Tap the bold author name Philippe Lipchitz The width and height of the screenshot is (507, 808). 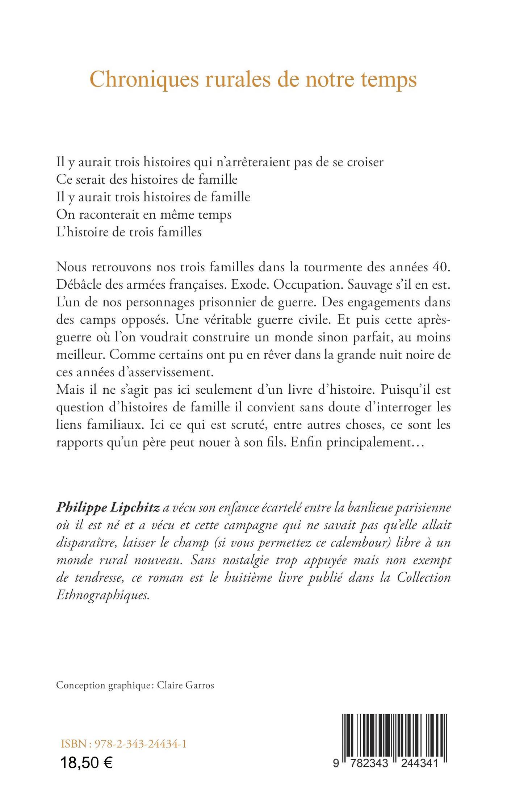(108, 508)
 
